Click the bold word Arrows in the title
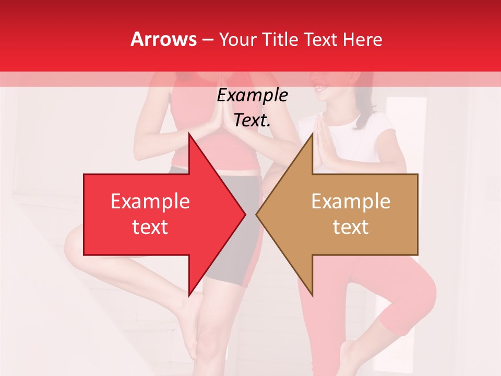click(x=164, y=39)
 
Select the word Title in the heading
click(x=281, y=39)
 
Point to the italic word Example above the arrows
click(x=252, y=96)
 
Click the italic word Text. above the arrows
click(x=252, y=121)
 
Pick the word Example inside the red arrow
click(x=150, y=202)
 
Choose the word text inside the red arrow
click(x=150, y=227)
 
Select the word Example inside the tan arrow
click(x=351, y=202)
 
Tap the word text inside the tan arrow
click(x=351, y=227)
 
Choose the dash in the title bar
click(x=207, y=40)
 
